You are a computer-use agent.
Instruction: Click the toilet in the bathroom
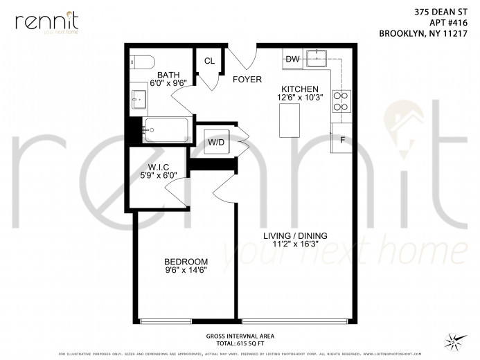(139, 62)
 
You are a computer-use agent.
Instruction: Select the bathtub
(166, 129)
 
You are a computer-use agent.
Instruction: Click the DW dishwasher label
(292, 60)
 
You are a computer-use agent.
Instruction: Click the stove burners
(341, 102)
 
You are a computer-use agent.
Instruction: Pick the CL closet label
(209, 61)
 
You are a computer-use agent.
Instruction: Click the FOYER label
(247, 80)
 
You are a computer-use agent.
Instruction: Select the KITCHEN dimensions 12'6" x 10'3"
(300, 98)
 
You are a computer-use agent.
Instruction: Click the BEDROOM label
(186, 261)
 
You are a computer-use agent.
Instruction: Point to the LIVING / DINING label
(295, 235)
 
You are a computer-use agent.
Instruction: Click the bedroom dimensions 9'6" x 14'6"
(186, 270)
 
